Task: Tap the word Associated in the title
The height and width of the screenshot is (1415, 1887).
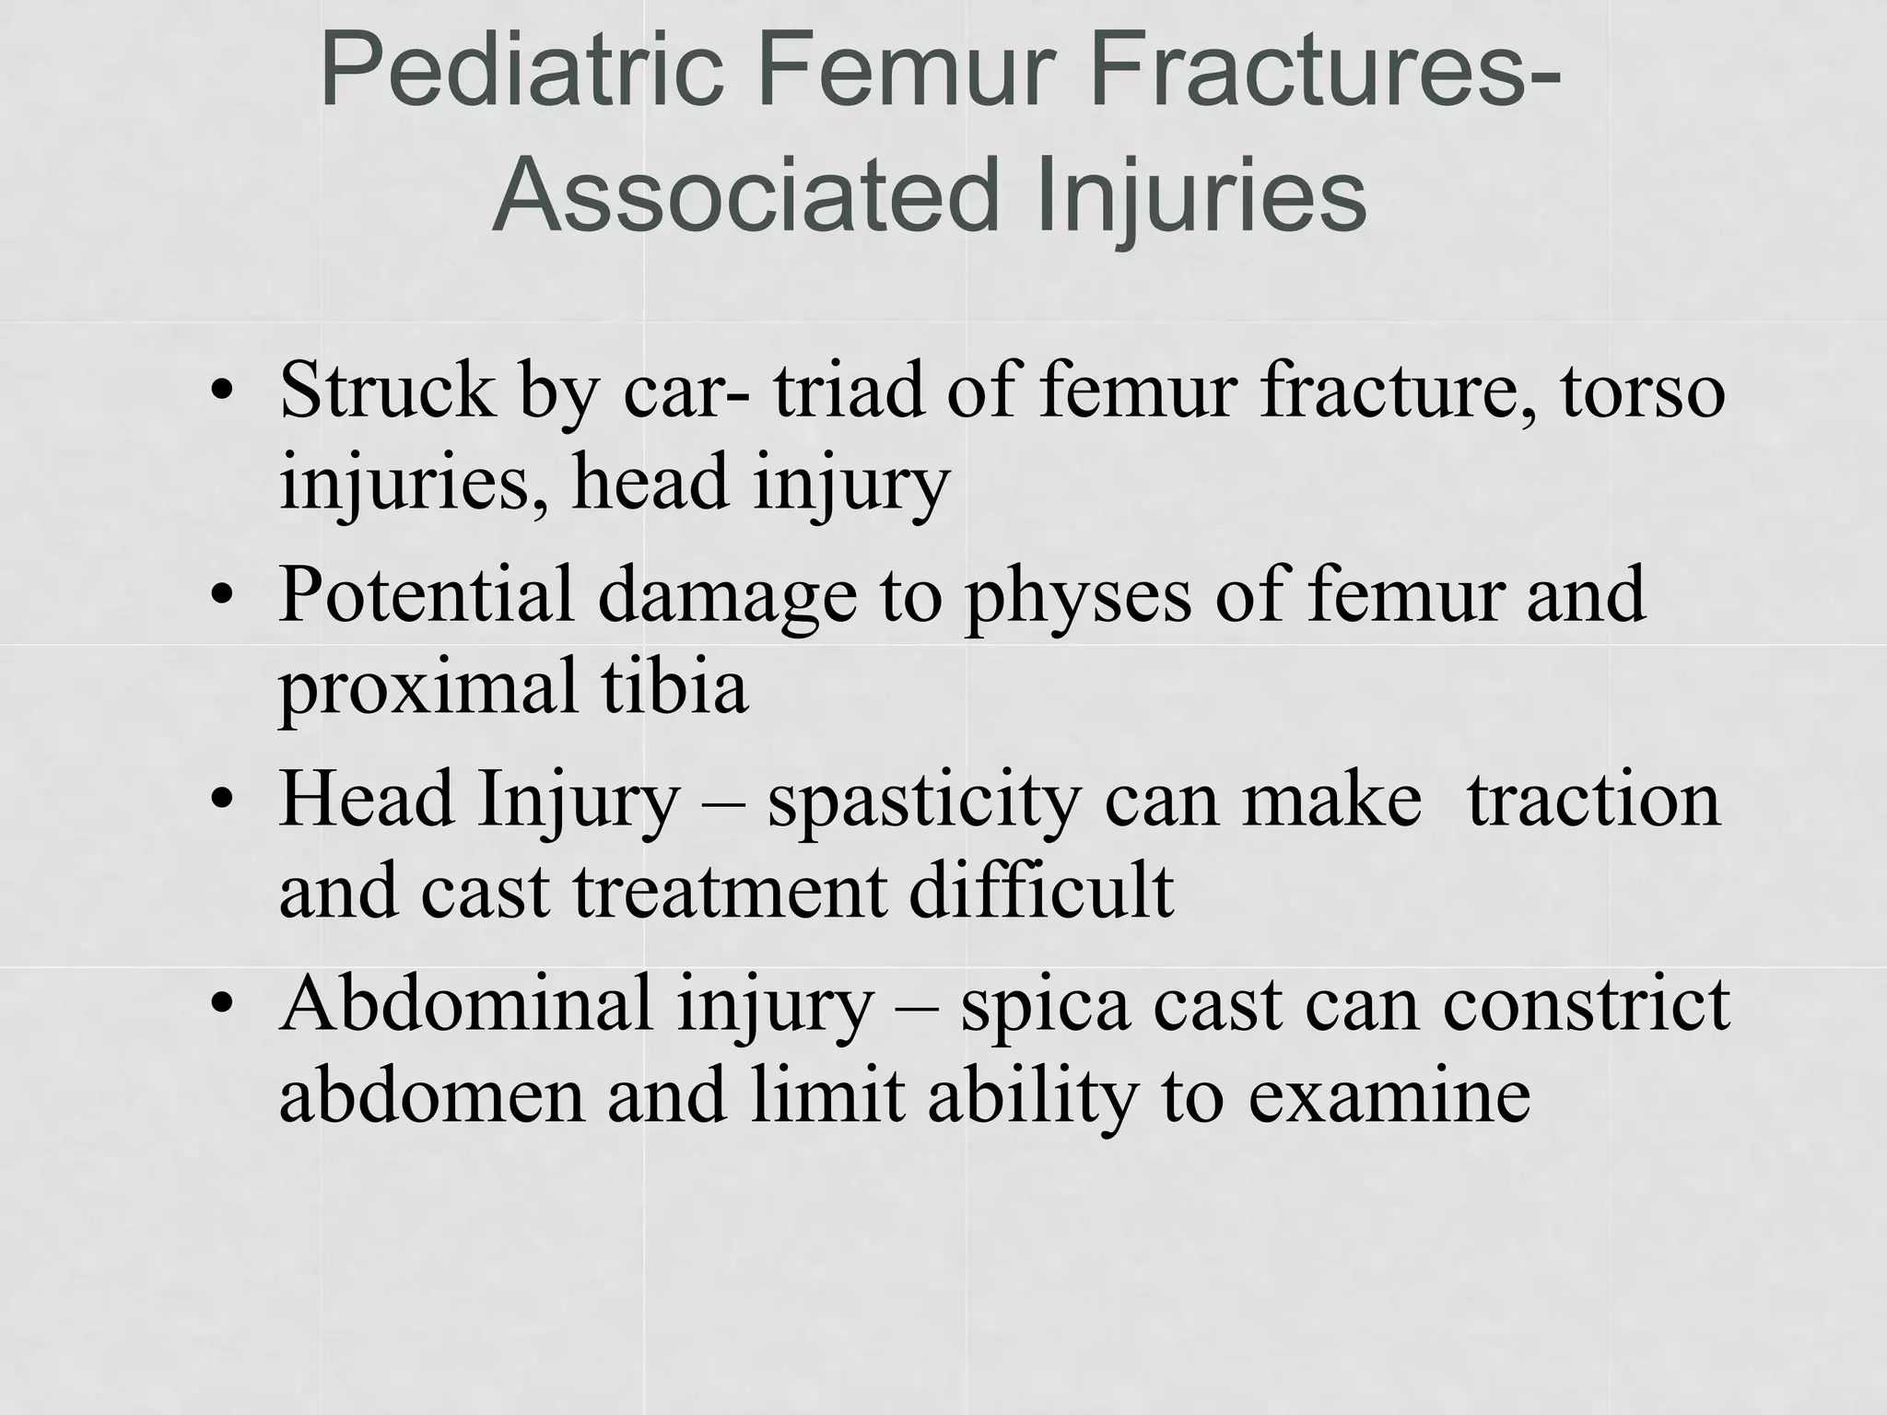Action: [746, 196]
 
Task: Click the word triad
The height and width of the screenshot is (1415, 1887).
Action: [849, 391]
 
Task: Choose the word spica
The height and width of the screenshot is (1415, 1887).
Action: [1045, 1007]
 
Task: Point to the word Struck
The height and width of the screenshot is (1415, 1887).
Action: [387, 391]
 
